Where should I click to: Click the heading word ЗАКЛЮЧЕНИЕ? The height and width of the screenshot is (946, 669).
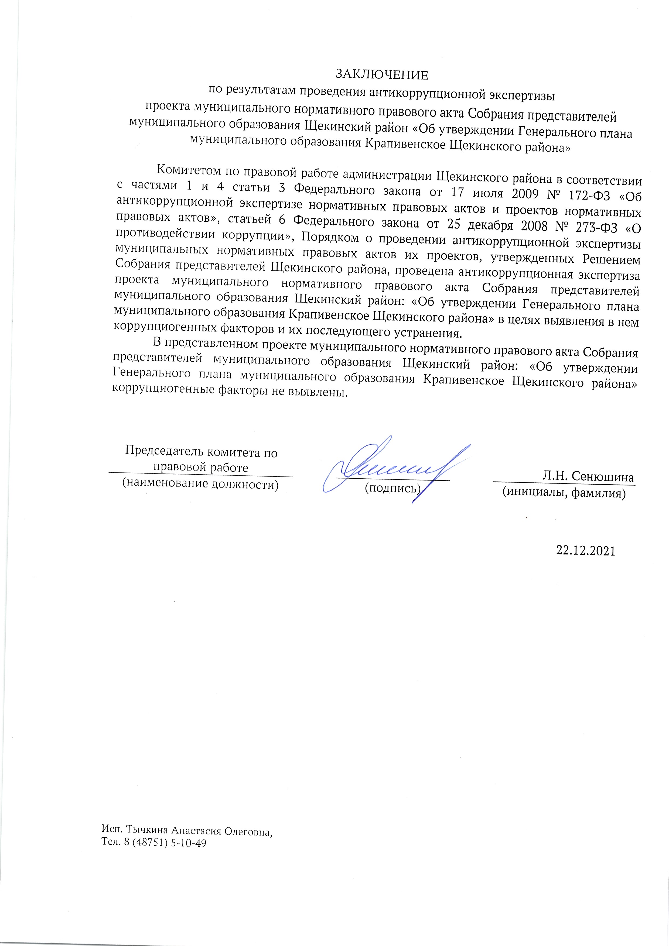point(382,75)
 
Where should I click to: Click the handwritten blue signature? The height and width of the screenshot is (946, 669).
point(396,470)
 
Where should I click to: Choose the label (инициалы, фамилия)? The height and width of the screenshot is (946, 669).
point(564,492)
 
